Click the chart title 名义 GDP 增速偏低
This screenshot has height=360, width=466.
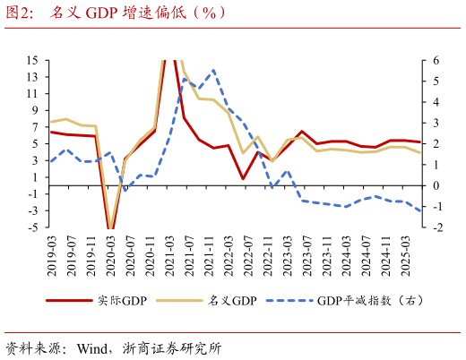pyautogui.click(x=134, y=13)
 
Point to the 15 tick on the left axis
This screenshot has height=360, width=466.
pyautogui.click(x=32, y=61)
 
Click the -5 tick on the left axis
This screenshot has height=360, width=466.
pyautogui.click(x=32, y=227)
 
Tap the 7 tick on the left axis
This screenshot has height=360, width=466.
pyautogui.click(x=34, y=127)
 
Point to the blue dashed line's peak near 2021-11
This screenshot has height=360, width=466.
pyautogui.click(x=213, y=70)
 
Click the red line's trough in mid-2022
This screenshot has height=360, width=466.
pyautogui.click(x=243, y=178)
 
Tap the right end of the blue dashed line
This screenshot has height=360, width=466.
pyautogui.click(x=421, y=211)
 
